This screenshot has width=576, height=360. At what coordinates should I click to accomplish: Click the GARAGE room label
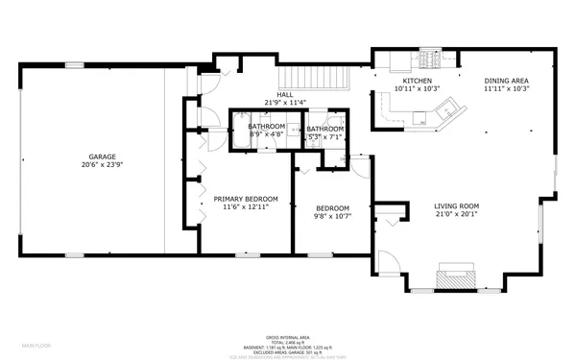(103, 156)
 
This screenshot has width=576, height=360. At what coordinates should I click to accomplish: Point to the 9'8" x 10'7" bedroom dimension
(332, 216)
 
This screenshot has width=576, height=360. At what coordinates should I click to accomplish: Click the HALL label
(285, 95)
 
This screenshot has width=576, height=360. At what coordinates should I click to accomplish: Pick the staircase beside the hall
(311, 78)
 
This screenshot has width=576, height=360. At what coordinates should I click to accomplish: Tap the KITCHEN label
(417, 82)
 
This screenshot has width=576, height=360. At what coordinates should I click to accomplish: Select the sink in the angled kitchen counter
(420, 118)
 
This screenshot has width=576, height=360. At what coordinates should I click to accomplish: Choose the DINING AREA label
(507, 82)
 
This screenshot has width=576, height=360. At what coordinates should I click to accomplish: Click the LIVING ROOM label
(456, 206)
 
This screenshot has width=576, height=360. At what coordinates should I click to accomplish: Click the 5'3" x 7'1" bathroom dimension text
(325, 136)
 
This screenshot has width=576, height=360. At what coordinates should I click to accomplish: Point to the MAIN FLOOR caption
(37, 344)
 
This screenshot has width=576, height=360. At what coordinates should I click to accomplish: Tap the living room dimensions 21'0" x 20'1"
(456, 214)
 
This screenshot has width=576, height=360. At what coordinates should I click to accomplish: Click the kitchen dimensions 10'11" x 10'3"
(417, 89)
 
